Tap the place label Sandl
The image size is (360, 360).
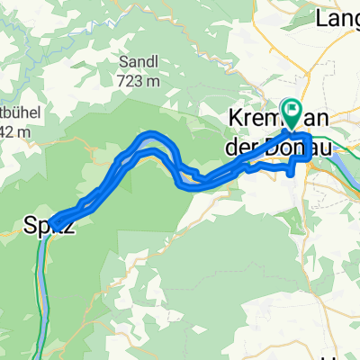(x=138, y=61)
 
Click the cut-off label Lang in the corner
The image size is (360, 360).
(x=337, y=16)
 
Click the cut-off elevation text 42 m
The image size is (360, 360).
(x=16, y=133)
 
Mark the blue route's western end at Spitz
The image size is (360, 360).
(x=53, y=220)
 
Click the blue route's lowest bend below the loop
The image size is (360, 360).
(x=189, y=186)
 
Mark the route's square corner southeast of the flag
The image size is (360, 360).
(x=309, y=159)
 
